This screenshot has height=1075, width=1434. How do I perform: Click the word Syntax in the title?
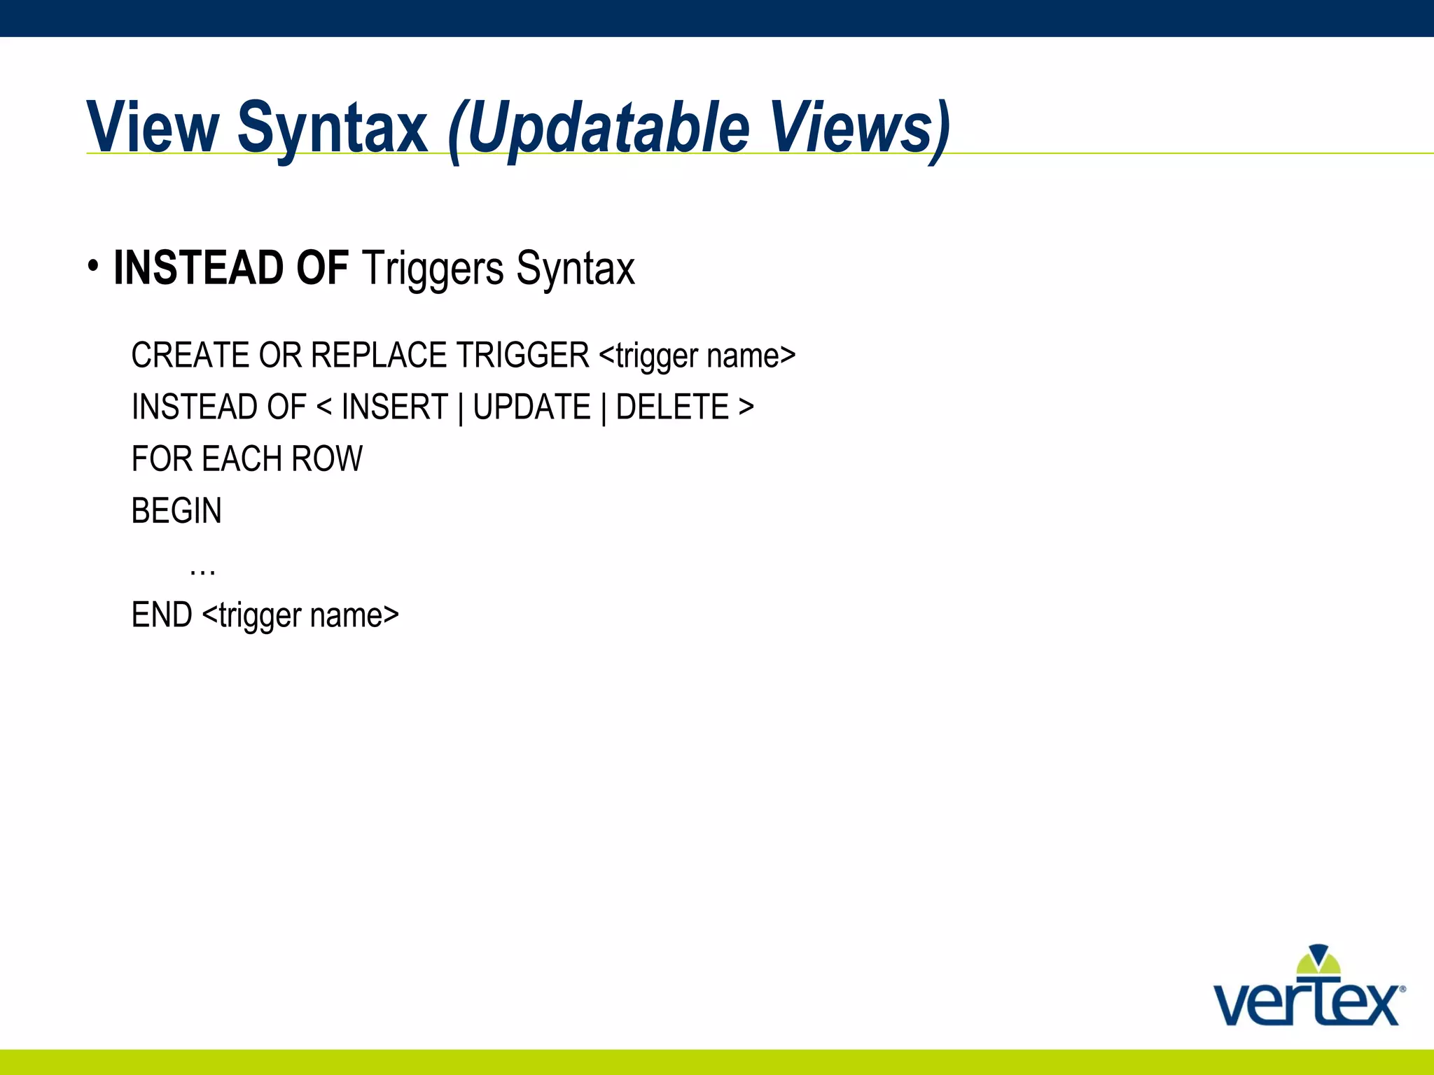(x=332, y=128)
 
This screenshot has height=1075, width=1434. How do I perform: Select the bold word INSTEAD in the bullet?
(x=199, y=268)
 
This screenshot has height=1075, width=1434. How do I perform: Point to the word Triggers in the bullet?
(x=433, y=269)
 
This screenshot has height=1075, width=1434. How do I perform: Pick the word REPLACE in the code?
(x=378, y=356)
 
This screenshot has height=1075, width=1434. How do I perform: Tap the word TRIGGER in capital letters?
(x=522, y=356)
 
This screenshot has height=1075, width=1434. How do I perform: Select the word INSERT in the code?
(x=394, y=407)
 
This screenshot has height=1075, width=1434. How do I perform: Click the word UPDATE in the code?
(x=531, y=407)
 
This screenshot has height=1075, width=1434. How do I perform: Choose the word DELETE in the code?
(x=672, y=407)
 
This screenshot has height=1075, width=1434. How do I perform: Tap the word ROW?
(x=327, y=460)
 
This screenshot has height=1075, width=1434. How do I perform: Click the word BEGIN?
(x=176, y=512)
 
